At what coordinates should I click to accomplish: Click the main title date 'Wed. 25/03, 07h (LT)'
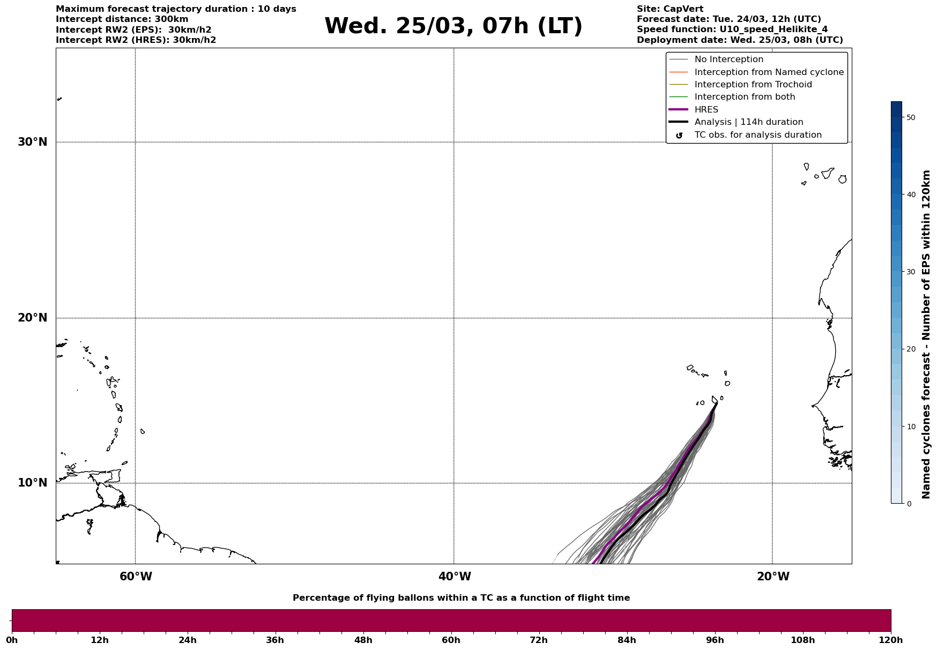[453, 26]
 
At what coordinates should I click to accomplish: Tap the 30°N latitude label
[32, 142]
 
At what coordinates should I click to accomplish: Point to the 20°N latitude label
[32, 318]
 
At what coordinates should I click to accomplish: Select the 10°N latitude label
[32, 483]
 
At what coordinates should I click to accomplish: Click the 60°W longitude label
[136, 577]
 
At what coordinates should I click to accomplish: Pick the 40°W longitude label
[455, 577]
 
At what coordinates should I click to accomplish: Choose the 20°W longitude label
[773, 577]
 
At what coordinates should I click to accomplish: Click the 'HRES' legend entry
[706, 110]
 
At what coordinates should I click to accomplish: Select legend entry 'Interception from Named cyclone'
[769, 72]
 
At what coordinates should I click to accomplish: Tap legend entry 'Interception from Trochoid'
[753, 85]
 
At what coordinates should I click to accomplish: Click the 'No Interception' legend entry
[728, 59]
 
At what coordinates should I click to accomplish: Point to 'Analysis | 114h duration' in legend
[748, 122]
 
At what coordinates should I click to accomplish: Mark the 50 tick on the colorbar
[910, 117]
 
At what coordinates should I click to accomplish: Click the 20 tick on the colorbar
[910, 349]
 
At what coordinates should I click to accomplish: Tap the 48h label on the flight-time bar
[363, 640]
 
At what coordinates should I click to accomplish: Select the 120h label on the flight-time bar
[891, 640]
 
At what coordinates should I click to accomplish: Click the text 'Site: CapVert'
[670, 9]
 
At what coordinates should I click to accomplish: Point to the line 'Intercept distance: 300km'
[122, 19]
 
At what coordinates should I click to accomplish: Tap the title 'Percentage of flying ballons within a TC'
[461, 598]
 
